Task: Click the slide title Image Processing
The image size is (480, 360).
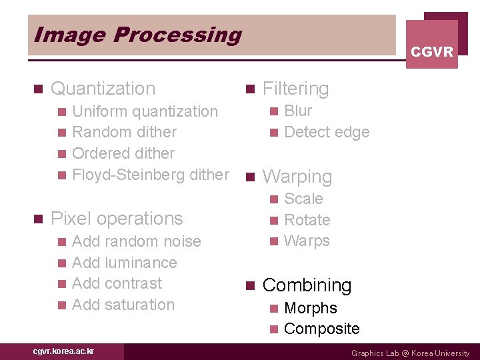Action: pos(137,35)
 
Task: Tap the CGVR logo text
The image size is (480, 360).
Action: pos(431,51)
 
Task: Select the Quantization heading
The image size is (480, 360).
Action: pos(103,89)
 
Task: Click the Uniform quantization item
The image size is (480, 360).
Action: pos(145,111)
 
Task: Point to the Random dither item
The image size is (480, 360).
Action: pos(124,132)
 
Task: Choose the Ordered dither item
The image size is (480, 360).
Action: pos(123,153)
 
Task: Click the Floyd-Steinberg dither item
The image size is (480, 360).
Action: pos(150,175)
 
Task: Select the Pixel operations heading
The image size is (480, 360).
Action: pos(117,219)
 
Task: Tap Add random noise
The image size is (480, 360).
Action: pos(136,241)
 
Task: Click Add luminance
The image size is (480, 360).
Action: pos(124,263)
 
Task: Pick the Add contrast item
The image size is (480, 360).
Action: pos(117,283)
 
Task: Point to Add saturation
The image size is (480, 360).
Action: pos(123,305)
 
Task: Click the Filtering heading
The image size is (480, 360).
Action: pos(295,89)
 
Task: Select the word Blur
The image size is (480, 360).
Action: pos(298,111)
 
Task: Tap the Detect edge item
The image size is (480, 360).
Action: pos(327,132)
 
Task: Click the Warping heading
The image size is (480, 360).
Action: pos(297,177)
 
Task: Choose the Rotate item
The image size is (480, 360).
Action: pos(307,220)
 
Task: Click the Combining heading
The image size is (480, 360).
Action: pos(307,285)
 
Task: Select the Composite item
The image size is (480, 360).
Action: pos(321,329)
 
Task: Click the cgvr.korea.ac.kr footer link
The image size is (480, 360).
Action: pos(63,351)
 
